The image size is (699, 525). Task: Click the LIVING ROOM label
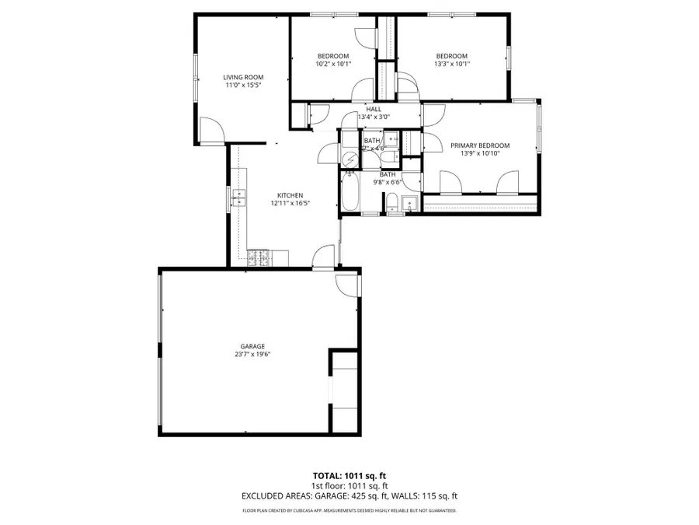point(243,77)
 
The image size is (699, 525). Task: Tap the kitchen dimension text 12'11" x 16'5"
point(290,203)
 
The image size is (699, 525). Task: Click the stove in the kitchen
point(258,256)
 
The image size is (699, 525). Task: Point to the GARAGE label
point(252,346)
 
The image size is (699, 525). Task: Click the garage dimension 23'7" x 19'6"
point(252,355)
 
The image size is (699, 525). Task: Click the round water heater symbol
point(351,159)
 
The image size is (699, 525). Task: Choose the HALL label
point(374,109)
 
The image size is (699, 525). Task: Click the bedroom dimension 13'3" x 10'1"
point(451,64)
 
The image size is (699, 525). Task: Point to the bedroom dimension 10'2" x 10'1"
point(333,64)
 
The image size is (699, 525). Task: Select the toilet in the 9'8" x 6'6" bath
point(392,204)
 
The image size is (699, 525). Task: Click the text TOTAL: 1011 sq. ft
point(349,474)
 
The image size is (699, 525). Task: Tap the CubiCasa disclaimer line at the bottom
point(349,511)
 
